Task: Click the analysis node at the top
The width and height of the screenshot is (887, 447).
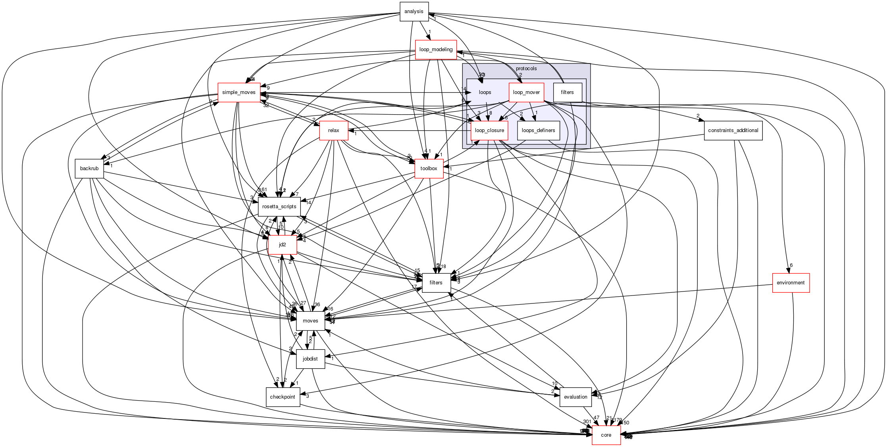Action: click(414, 12)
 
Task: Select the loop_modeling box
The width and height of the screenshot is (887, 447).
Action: click(436, 50)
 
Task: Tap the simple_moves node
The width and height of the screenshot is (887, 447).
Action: click(239, 92)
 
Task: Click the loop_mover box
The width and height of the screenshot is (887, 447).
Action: click(526, 92)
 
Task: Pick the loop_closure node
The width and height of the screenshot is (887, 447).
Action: click(489, 130)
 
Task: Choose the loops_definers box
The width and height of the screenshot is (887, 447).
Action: click(538, 130)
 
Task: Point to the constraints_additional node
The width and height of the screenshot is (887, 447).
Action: click(733, 130)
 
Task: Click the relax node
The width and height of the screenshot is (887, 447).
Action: click(334, 130)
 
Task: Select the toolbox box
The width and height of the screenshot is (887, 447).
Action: click(429, 169)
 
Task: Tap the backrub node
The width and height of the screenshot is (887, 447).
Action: click(89, 169)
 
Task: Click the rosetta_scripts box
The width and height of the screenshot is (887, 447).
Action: click(279, 207)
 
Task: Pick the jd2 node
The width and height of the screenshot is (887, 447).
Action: click(283, 245)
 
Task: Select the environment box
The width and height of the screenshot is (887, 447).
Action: click(791, 283)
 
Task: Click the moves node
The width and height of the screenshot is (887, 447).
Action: click(310, 321)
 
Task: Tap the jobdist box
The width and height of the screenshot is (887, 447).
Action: click(310, 359)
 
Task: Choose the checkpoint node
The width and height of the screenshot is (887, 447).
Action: click(283, 397)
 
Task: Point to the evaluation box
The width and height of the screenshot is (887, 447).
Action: click(575, 397)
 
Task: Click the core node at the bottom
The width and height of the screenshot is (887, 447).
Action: click(606, 435)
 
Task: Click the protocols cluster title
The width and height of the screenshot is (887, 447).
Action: click(526, 69)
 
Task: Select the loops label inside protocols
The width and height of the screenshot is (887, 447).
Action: click(485, 92)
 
